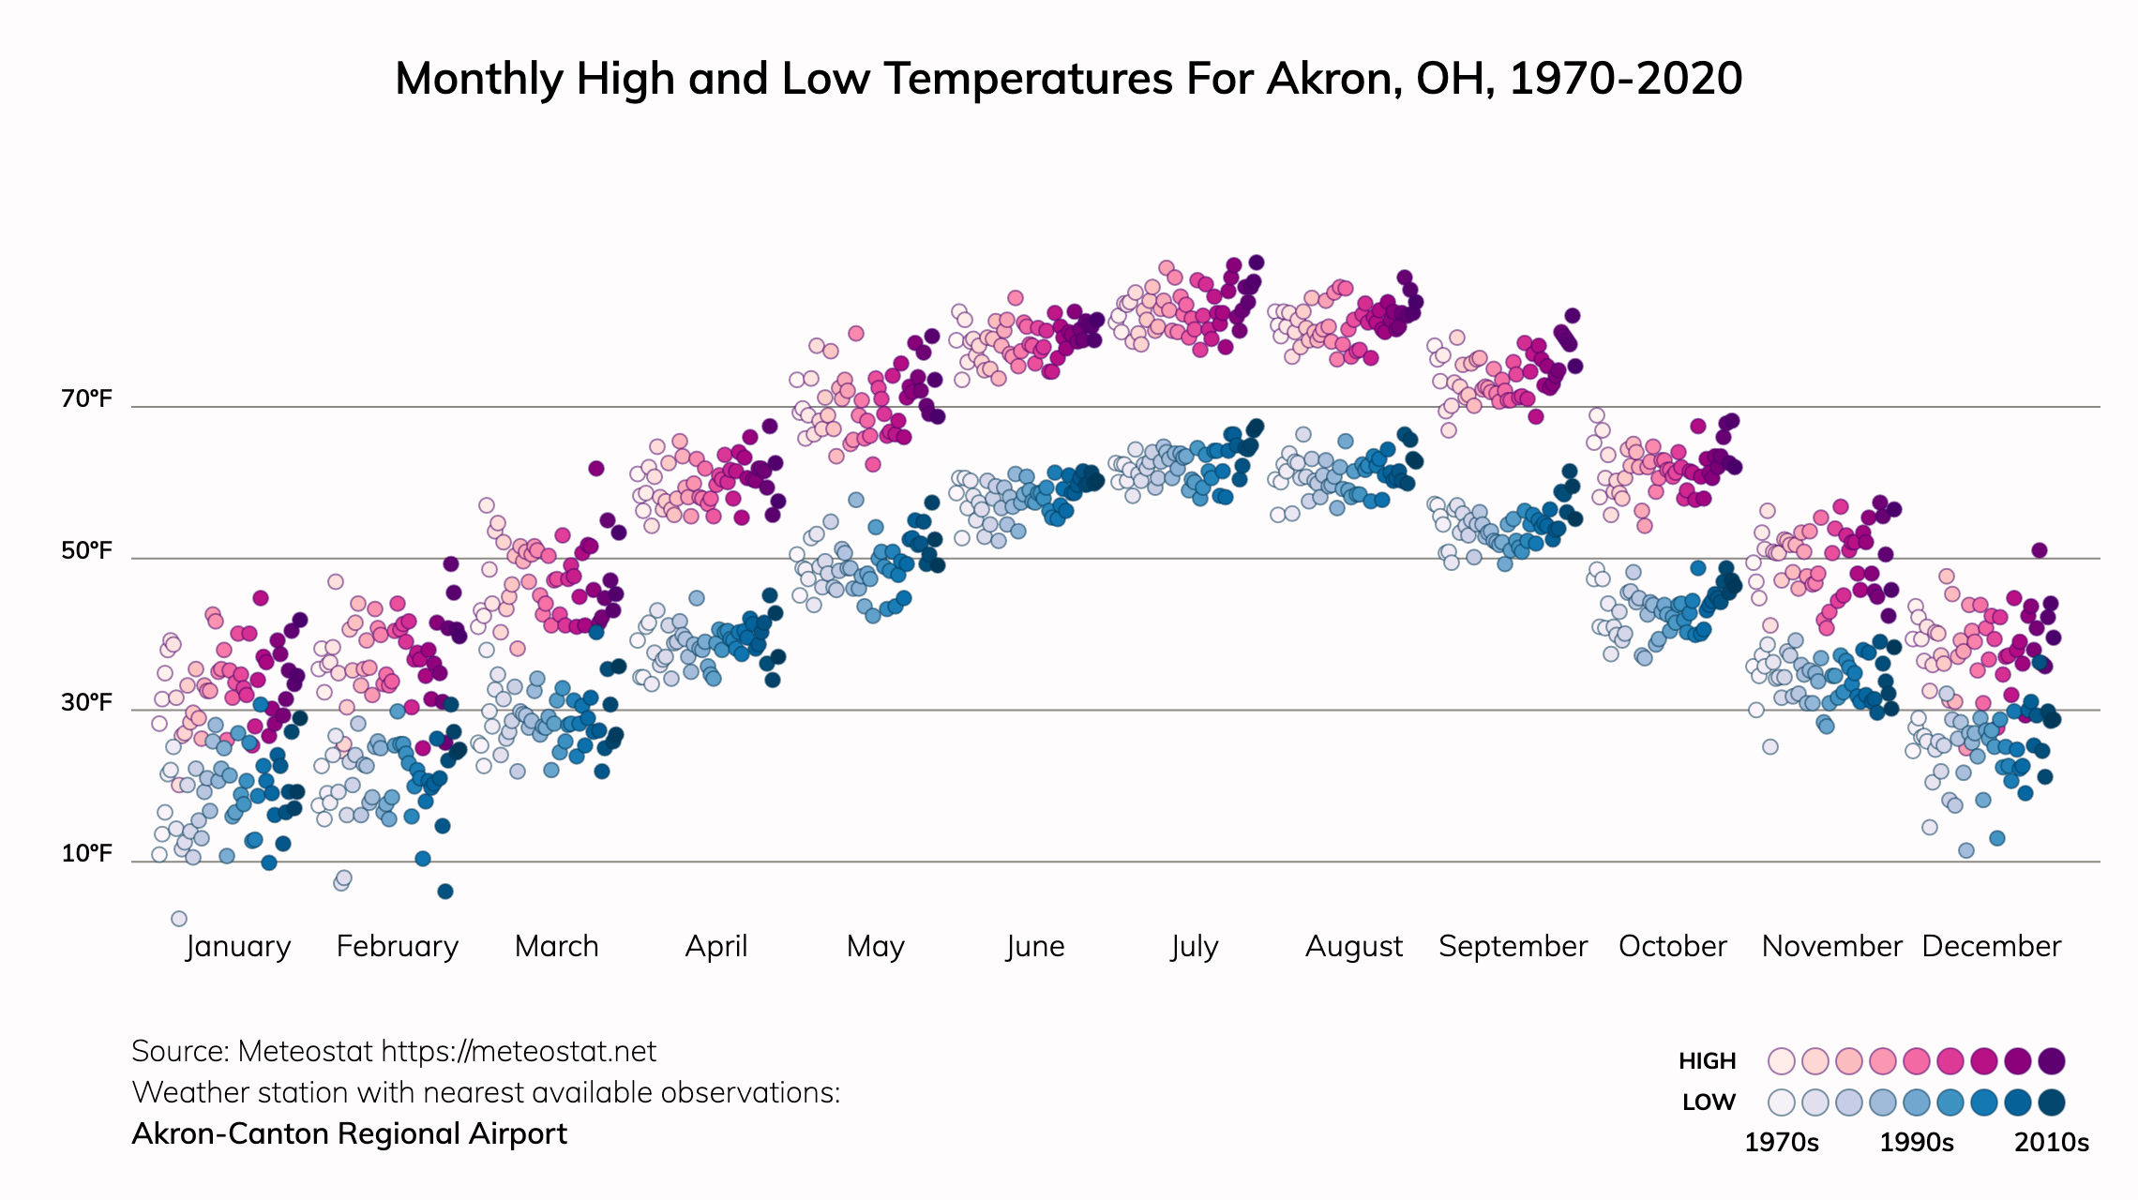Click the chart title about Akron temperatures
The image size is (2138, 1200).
point(1068,79)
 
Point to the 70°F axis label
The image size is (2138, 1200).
point(86,399)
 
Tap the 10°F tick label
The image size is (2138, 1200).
point(86,854)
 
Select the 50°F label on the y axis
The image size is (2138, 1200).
point(86,550)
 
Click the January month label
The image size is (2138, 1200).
point(238,946)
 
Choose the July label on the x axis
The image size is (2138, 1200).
point(1194,946)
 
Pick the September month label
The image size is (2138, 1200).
point(1513,946)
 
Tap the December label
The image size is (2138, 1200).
point(1991,946)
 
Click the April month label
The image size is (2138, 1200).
point(716,946)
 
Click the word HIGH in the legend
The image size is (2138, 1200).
point(1707,1061)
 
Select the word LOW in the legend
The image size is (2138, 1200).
point(1709,1102)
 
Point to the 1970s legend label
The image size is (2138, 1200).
point(1781,1143)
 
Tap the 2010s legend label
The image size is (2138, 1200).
point(2052,1143)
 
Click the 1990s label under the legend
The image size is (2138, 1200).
point(1917,1143)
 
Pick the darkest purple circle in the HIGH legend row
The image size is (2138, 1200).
point(2052,1061)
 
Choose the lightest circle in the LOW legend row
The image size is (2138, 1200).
point(1781,1102)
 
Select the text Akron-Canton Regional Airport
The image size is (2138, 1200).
point(349,1134)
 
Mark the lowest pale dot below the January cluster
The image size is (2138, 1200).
point(179,919)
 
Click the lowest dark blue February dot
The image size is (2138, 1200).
point(445,892)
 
